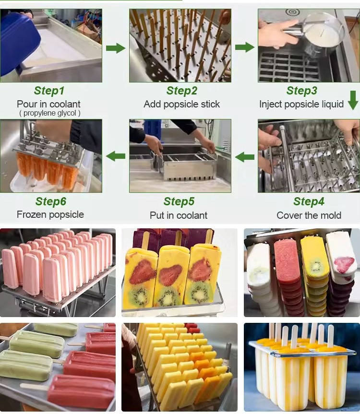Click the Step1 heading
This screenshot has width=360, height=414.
[49, 91]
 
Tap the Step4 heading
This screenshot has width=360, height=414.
[309, 201]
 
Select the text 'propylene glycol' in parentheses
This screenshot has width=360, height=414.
[49, 113]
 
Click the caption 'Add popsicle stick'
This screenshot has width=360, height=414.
[182, 104]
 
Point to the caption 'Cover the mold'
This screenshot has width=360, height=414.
[309, 215]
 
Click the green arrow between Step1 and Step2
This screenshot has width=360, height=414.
[116, 48]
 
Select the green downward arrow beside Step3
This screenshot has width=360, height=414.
[353, 100]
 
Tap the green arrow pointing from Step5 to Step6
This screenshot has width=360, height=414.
[116, 156]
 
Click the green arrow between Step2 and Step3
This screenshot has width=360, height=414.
[245, 47]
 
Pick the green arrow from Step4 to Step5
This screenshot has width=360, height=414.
[245, 157]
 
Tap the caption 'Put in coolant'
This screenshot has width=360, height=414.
[179, 215]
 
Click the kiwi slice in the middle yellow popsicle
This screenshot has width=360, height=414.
[168, 296]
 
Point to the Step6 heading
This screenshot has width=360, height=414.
[51, 201]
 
